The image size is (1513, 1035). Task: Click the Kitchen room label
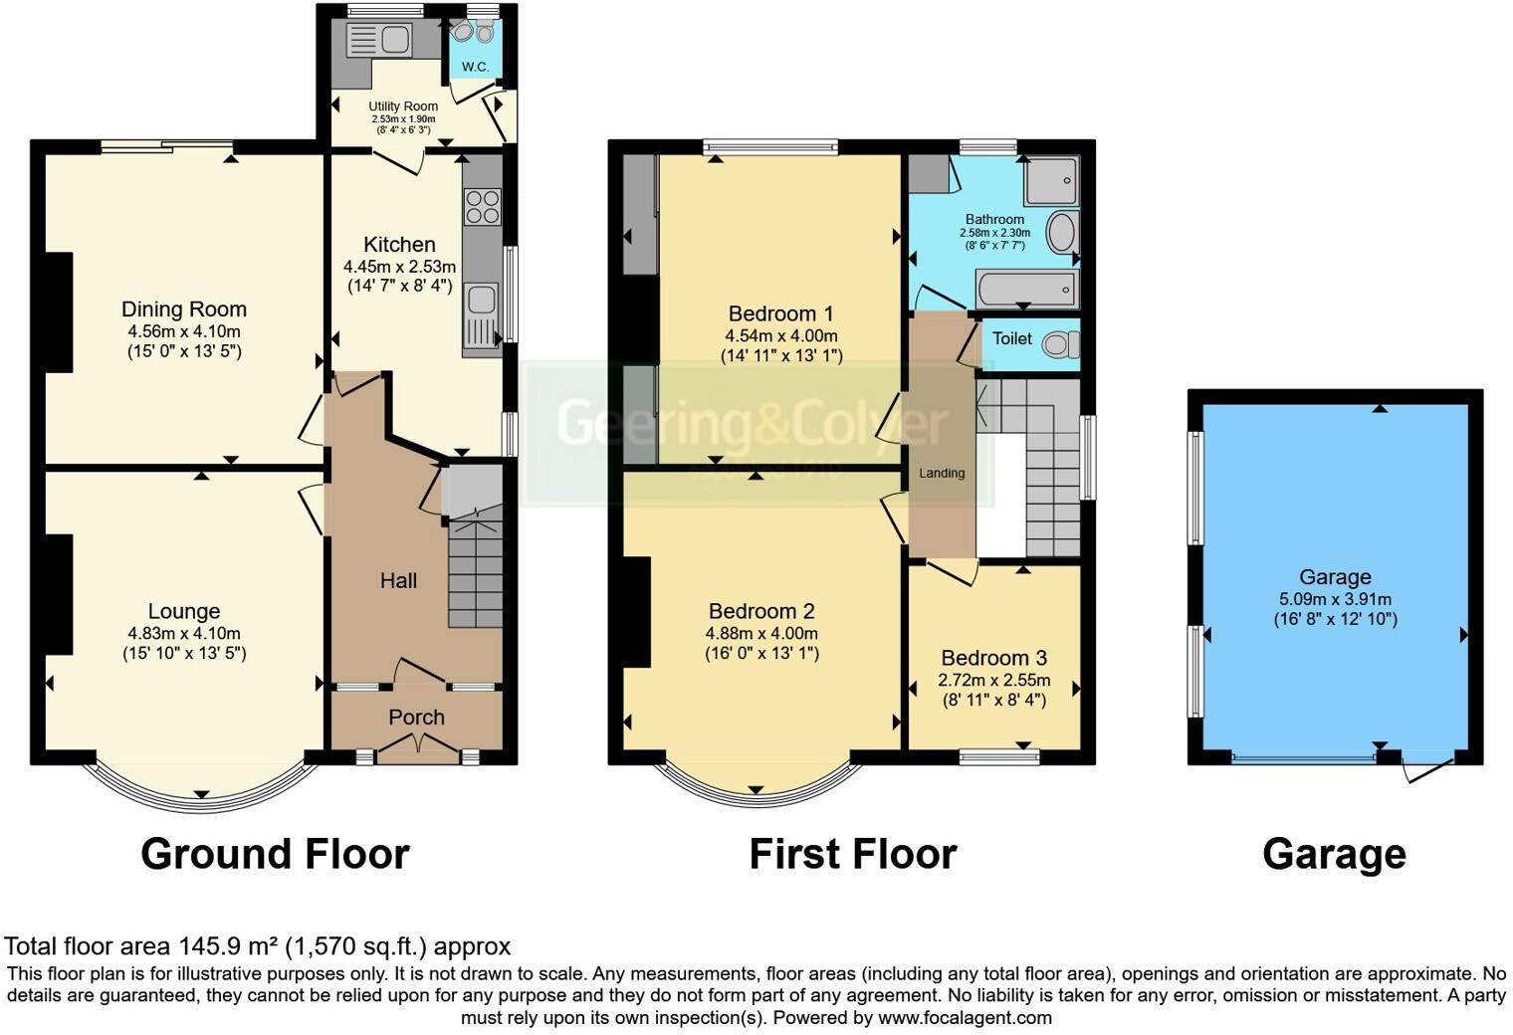(x=399, y=244)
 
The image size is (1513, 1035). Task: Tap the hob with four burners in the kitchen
(x=482, y=207)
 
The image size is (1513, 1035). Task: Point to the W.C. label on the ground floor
(x=475, y=67)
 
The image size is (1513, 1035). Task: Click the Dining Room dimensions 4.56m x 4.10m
(x=184, y=331)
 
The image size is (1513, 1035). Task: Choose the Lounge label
(x=184, y=611)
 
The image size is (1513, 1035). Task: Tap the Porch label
(x=416, y=717)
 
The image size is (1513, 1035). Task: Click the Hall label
(x=398, y=580)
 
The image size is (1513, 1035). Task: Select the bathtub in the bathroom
(x=1025, y=290)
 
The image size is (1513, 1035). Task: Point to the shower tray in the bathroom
(x=1051, y=180)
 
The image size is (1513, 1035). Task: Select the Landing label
(x=941, y=473)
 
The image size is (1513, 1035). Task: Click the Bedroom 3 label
(x=993, y=658)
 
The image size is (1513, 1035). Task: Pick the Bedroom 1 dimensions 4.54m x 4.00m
(x=781, y=335)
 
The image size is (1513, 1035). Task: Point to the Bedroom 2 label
(x=761, y=611)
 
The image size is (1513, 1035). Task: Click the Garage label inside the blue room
(x=1335, y=577)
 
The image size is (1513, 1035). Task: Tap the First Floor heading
(x=852, y=854)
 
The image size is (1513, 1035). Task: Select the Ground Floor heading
(x=275, y=854)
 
